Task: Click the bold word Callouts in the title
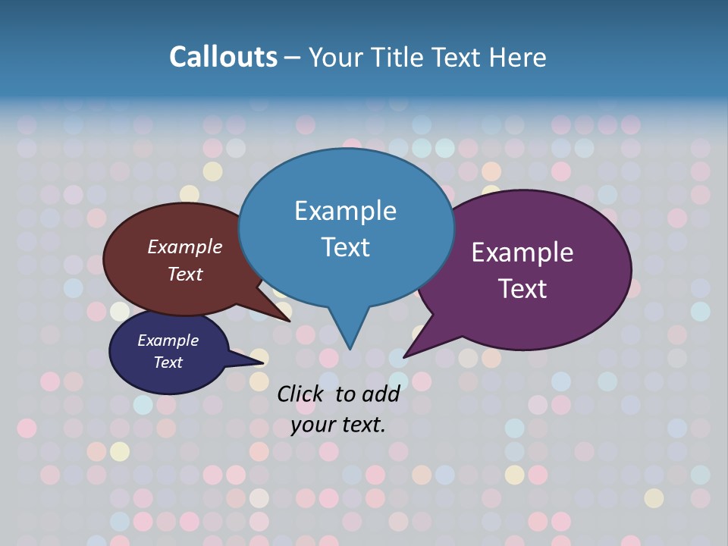click(x=224, y=57)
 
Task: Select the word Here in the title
click(x=519, y=57)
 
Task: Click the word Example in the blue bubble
click(x=345, y=211)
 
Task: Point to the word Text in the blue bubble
click(x=345, y=247)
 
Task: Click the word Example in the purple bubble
click(x=522, y=253)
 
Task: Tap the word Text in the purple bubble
click(x=522, y=289)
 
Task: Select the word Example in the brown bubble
click(x=185, y=246)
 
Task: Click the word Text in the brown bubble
click(x=185, y=274)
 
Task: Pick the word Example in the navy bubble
click(x=168, y=340)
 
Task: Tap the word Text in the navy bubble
click(x=168, y=362)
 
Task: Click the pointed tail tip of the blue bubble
click(x=350, y=348)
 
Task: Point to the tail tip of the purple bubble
click(x=405, y=356)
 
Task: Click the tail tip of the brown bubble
click(x=289, y=321)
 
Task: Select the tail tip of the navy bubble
click(x=264, y=365)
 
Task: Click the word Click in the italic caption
click(x=301, y=394)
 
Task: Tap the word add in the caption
click(x=381, y=394)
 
